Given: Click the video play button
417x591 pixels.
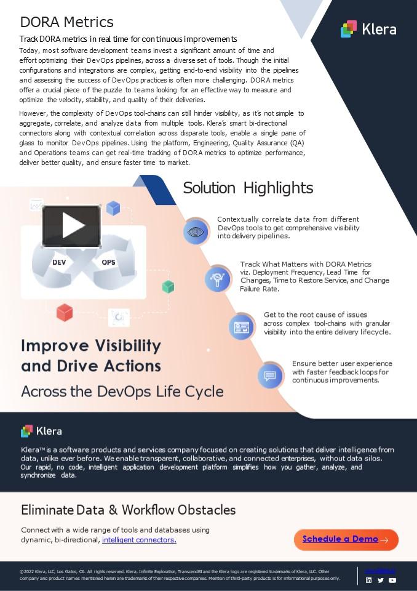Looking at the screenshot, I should (x=71, y=226).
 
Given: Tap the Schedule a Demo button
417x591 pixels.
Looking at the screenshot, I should (x=346, y=539).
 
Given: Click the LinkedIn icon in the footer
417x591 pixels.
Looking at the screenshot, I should (x=369, y=580).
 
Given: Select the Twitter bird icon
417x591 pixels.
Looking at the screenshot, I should (x=381, y=580).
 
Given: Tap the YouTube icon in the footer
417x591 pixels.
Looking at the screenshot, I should (x=392, y=580).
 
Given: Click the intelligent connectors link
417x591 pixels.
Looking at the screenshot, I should (x=139, y=540).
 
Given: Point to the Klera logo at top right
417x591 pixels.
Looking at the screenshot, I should (x=368, y=29).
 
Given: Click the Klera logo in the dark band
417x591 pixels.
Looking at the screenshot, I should (x=41, y=431).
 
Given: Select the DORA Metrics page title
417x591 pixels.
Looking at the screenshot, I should (x=66, y=22).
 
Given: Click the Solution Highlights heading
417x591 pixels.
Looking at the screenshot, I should (x=248, y=188).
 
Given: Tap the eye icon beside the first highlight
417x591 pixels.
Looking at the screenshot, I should (x=196, y=231).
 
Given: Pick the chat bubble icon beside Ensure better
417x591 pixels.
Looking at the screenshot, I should (x=270, y=375).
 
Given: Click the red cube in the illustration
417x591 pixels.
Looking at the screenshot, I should (x=65, y=313).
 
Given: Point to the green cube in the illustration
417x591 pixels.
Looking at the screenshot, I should (x=168, y=286).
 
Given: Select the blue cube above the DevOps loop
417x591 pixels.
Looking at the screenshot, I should (x=113, y=208).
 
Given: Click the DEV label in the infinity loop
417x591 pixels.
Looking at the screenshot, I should (x=59, y=262).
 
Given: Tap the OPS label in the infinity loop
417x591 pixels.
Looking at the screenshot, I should (x=108, y=262).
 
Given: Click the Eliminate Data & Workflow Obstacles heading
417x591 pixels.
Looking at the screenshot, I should (x=128, y=510).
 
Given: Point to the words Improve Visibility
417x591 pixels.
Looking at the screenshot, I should (x=91, y=345).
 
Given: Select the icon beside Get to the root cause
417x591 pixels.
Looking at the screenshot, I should (x=241, y=326).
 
